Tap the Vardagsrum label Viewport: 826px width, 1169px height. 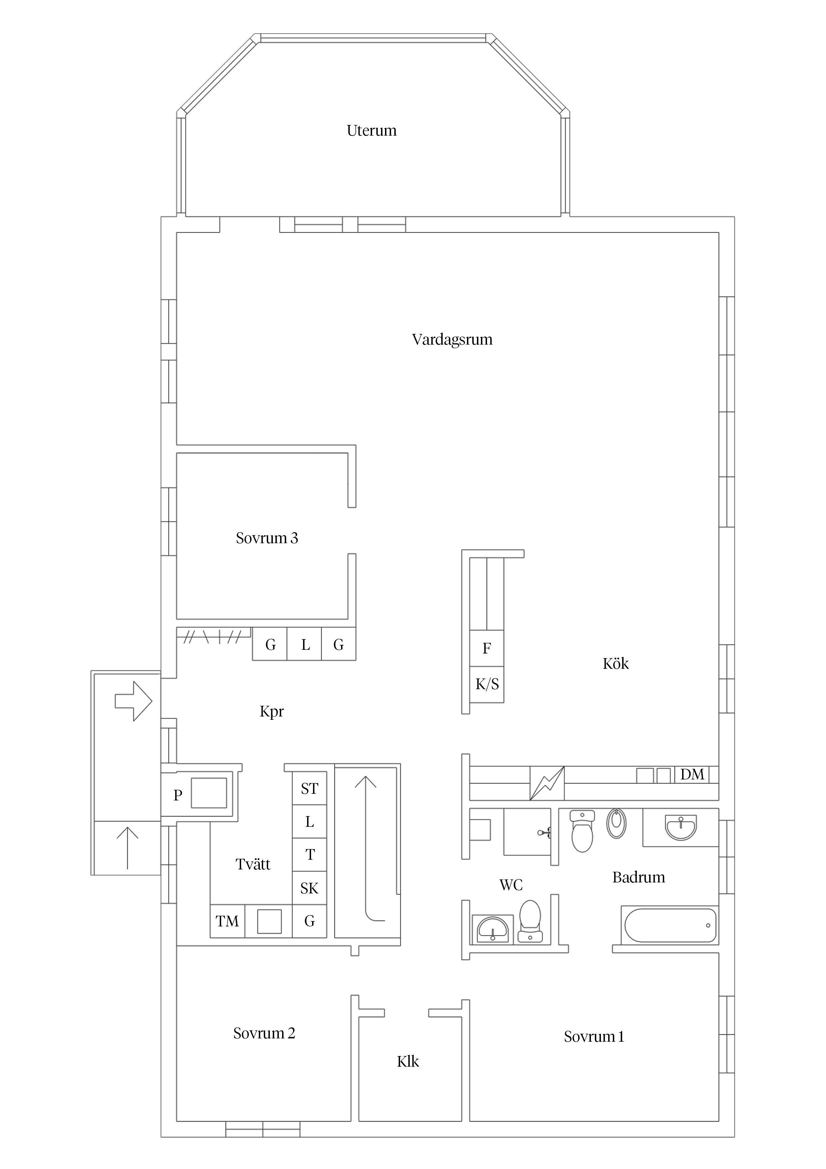(452, 340)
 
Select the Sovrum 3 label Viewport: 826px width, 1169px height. (267, 538)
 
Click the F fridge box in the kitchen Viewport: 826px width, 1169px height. (487, 648)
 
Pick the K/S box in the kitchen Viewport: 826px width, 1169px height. (487, 684)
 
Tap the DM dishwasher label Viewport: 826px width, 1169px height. (692, 774)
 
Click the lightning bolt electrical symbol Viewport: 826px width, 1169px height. (547, 783)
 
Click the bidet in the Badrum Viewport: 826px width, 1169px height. (616, 823)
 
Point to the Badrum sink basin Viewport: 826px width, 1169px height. (680, 827)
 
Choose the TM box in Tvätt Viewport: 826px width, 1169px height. (227, 921)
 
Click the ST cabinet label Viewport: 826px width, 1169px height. (309, 789)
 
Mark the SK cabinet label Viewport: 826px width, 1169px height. (309, 888)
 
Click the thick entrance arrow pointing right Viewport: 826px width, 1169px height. (133, 701)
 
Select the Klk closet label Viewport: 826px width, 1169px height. (408, 1062)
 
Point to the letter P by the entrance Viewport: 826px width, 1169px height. (178, 795)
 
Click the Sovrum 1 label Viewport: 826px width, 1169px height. (594, 1037)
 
